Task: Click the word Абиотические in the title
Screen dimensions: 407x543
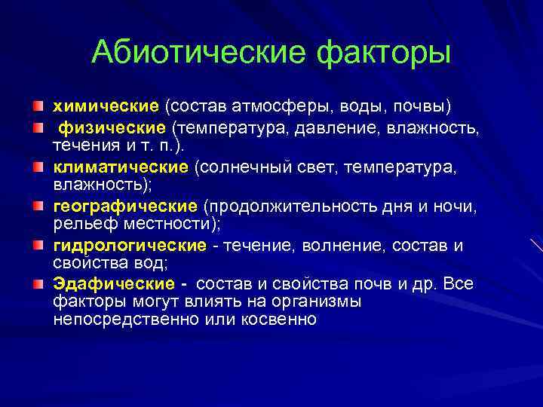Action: click(199, 53)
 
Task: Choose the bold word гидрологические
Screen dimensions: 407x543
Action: click(129, 246)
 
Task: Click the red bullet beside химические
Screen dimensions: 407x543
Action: click(38, 103)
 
